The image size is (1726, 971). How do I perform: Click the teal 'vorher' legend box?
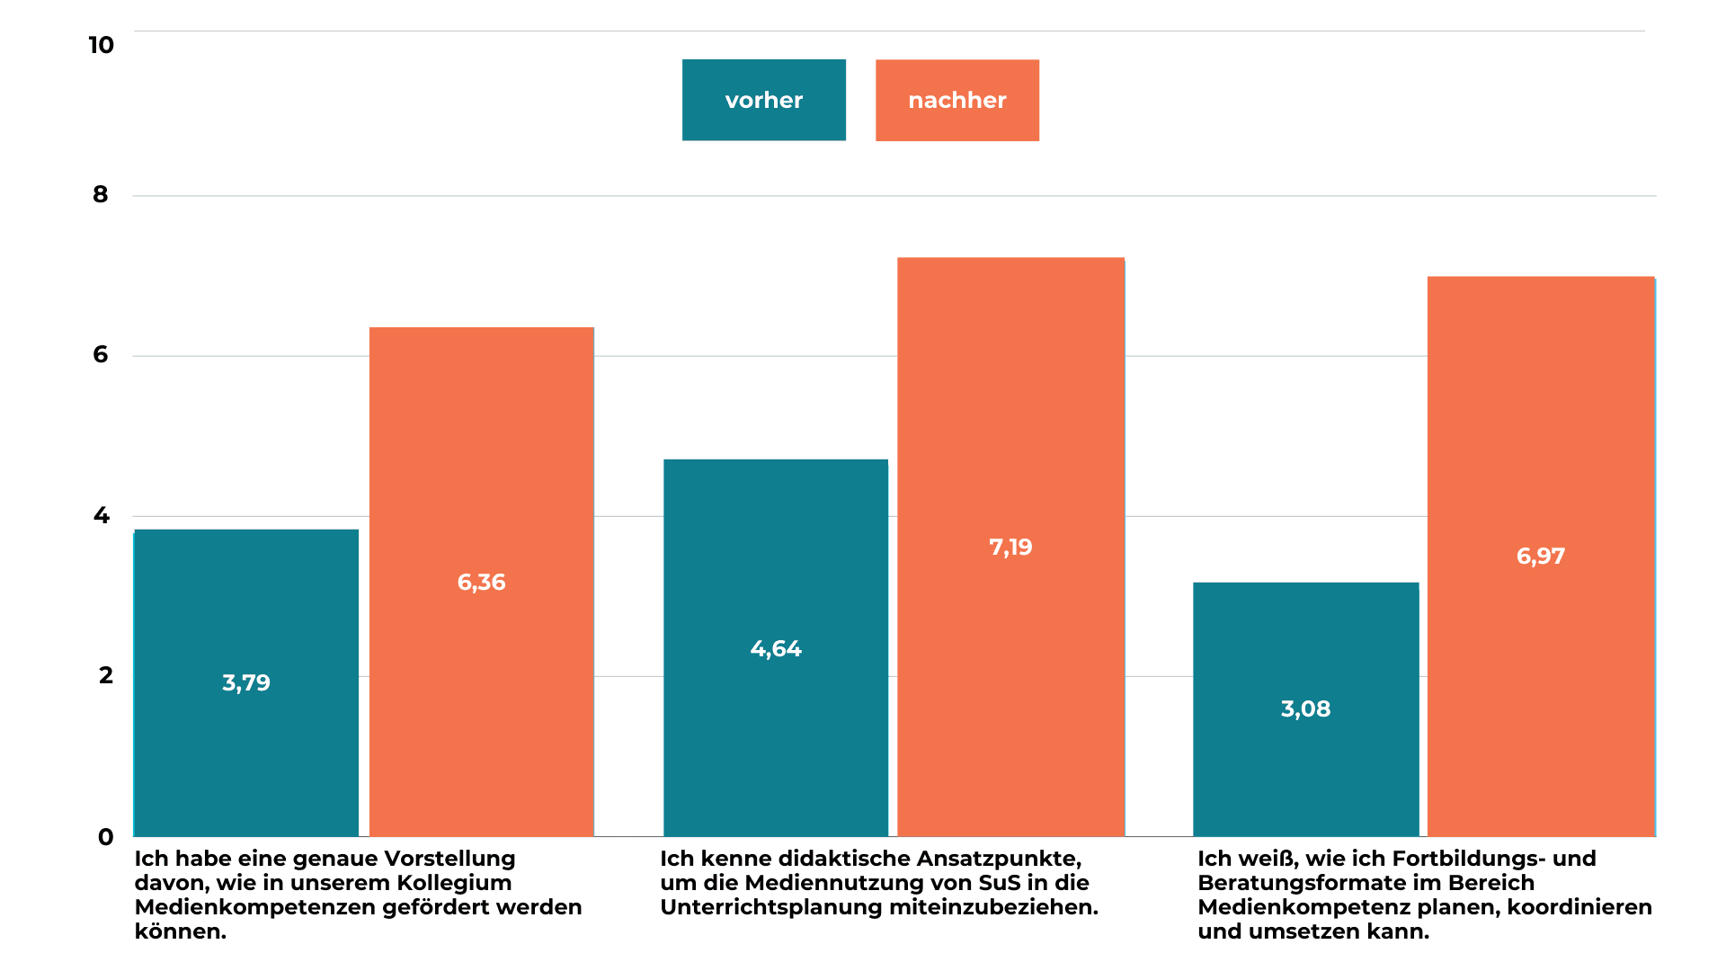coord(763,100)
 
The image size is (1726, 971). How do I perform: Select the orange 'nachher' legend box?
coord(956,100)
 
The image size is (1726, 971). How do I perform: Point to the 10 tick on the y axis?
coord(101,45)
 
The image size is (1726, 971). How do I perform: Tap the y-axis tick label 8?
coord(100,194)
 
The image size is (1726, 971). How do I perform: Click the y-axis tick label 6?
coord(100,354)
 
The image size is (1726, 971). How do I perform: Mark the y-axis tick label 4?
coord(101,515)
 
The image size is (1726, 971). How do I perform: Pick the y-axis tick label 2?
coord(105,675)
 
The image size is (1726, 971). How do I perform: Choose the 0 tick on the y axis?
coord(105,837)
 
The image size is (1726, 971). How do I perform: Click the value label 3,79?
coord(245,682)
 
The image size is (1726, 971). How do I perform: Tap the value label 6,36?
coord(481,582)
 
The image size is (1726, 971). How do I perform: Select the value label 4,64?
coord(775,648)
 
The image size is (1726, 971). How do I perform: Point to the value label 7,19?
coord(1010,547)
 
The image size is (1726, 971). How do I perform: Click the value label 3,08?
coord(1305,708)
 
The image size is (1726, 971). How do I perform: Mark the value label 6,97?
coord(1540,556)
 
